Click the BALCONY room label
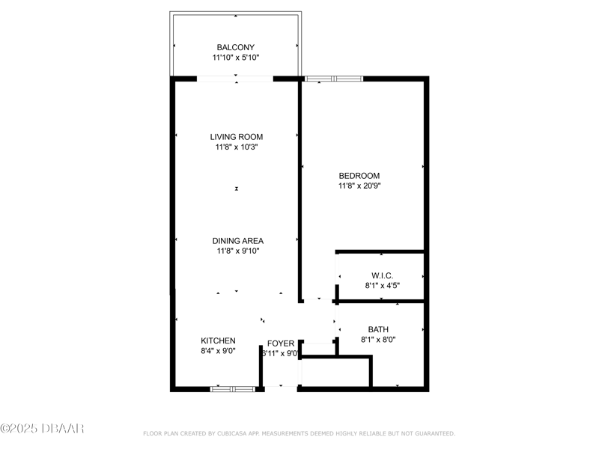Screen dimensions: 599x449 pos(235,47)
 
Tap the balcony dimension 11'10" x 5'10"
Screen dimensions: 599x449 pos(236,58)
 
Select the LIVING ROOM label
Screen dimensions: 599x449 pos(237,137)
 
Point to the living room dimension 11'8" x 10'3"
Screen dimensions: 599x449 pos(237,147)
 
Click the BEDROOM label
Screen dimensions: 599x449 pos(359,176)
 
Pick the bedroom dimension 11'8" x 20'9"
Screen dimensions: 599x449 pos(359,186)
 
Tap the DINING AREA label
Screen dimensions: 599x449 pos(238,241)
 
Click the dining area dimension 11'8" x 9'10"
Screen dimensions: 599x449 pos(238,251)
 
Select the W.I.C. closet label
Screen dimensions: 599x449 pos(382,275)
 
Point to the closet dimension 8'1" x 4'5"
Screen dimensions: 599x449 pos(383,286)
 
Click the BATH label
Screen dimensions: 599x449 pos(378,329)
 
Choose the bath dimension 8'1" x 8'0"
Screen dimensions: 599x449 pos(378,340)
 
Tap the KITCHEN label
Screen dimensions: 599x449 pos(218,340)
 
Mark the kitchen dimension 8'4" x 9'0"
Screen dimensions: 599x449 pos(218,351)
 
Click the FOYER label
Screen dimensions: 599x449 pos(281,343)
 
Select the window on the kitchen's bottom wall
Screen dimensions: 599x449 pos(233,389)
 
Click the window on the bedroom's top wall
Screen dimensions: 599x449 pos(333,79)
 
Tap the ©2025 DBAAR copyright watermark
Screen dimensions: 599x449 pos(42,428)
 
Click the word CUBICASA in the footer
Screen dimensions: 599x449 pos(231,434)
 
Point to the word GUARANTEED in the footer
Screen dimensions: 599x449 pos(435,434)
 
